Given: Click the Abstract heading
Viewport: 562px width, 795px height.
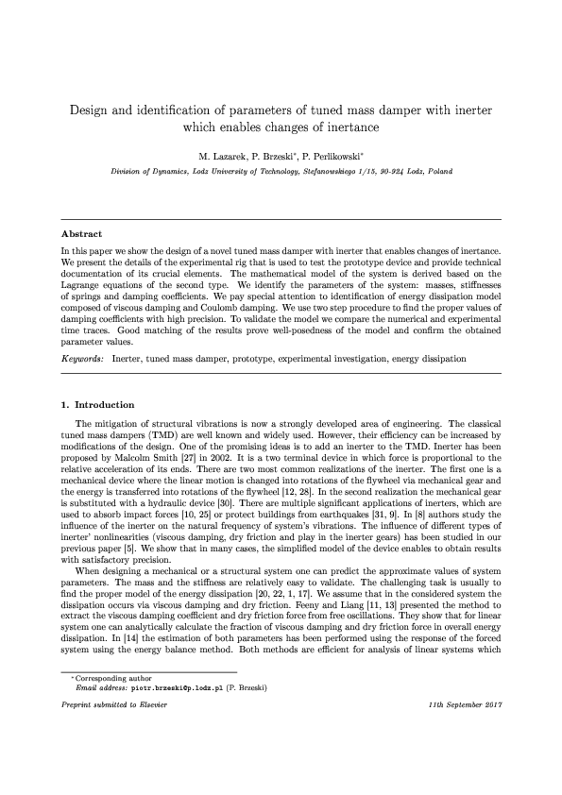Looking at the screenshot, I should coord(81,232).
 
